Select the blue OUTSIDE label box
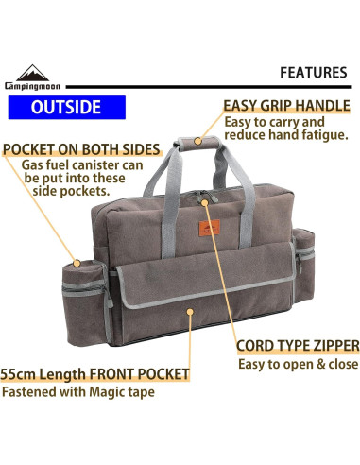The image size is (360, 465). (x=66, y=106)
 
